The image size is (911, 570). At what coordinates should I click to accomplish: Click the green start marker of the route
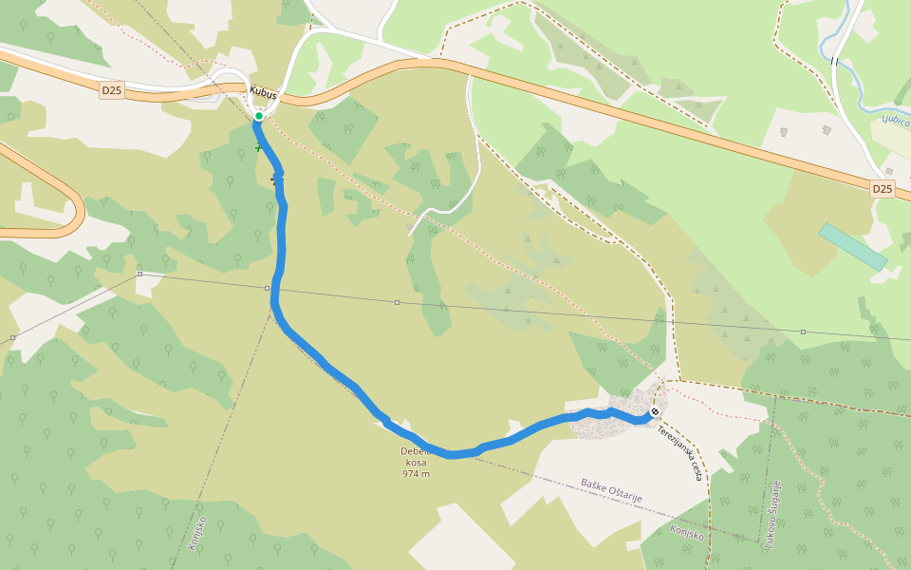258,116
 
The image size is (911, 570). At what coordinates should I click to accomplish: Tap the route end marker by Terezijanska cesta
654,411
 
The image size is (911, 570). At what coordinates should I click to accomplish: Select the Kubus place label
263,92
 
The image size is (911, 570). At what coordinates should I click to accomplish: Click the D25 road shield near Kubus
111,90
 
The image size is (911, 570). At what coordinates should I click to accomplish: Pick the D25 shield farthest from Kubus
883,189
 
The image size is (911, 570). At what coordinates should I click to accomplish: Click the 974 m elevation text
416,473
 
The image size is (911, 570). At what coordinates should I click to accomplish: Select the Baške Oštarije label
612,490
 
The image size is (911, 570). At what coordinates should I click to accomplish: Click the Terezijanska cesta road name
679,452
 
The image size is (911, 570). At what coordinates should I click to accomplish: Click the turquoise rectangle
853,246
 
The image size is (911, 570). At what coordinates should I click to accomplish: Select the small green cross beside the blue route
257,147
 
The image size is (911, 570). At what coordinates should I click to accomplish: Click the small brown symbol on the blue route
277,178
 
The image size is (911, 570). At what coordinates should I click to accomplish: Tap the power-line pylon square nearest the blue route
265,287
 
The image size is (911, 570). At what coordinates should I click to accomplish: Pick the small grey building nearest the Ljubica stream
827,128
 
